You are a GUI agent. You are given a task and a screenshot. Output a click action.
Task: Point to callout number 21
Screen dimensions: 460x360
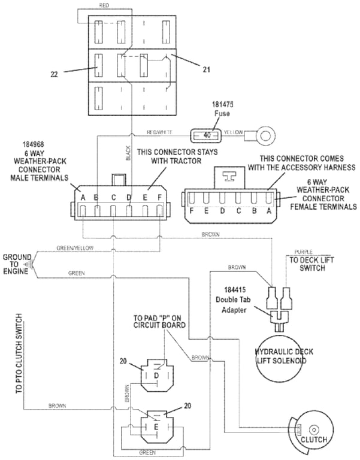point(206,70)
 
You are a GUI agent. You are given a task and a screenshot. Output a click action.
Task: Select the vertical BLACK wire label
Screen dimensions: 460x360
point(128,154)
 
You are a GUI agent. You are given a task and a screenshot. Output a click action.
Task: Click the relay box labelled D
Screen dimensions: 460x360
point(157,374)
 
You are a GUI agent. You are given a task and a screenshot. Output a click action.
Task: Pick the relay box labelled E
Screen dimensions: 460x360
point(156,427)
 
